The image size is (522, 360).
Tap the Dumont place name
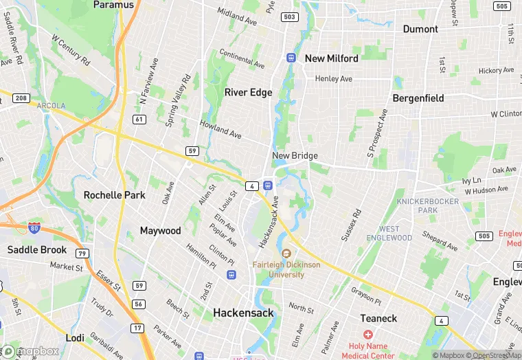(420, 29)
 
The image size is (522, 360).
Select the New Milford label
(332, 58)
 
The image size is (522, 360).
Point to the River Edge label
(249, 92)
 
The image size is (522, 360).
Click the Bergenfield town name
(418, 98)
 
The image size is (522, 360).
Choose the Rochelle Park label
(115, 195)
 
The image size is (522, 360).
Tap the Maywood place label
(161, 231)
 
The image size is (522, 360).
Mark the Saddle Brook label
(37, 249)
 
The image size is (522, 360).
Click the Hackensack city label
(243, 313)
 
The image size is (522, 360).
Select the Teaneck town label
(379, 318)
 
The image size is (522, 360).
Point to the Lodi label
(75, 338)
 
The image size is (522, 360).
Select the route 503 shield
(289, 16)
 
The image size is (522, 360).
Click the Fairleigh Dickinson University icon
(286, 253)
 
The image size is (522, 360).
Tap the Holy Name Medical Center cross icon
(367, 334)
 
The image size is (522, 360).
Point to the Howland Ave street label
(220, 128)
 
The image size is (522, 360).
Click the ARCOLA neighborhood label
(52, 106)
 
